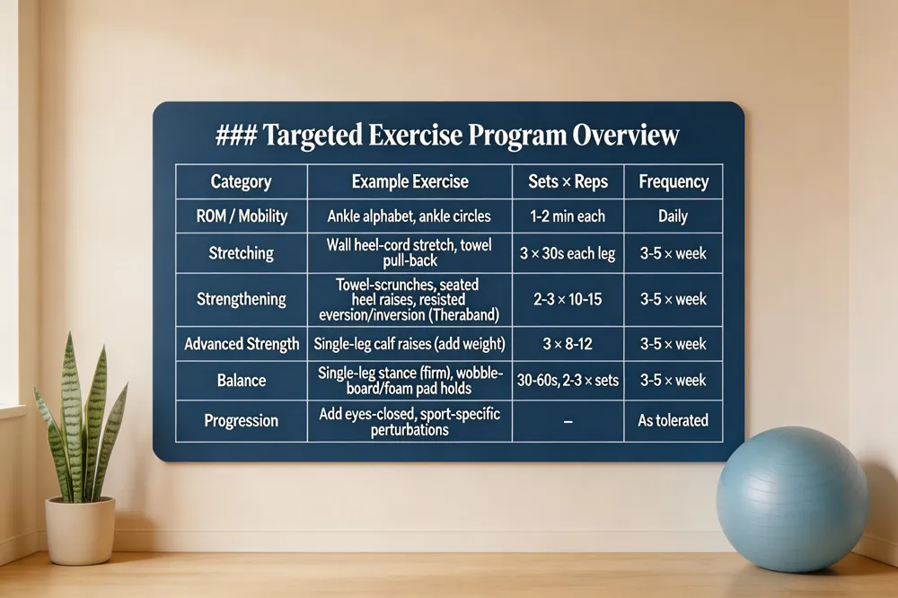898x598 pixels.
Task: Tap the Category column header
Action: (x=241, y=181)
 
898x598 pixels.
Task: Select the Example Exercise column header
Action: (x=409, y=181)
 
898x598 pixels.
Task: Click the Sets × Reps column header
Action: (x=568, y=181)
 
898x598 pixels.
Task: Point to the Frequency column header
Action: (x=673, y=181)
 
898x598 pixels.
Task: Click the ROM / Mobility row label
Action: (x=241, y=216)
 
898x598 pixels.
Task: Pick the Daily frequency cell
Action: (x=673, y=216)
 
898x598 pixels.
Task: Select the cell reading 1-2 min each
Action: (x=568, y=216)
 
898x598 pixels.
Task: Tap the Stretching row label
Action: (x=241, y=253)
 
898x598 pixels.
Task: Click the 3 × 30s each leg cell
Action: (x=568, y=253)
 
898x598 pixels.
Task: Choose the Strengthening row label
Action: (x=241, y=299)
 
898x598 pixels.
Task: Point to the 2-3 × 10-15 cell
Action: (x=568, y=299)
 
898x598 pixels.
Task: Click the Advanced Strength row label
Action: (x=241, y=344)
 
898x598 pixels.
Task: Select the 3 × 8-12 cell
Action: (x=568, y=344)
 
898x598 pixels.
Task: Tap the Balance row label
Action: (x=241, y=380)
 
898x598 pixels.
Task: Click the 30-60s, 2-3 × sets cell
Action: (x=568, y=380)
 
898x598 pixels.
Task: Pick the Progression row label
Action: (x=241, y=420)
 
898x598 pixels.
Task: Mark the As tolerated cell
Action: (x=673, y=420)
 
